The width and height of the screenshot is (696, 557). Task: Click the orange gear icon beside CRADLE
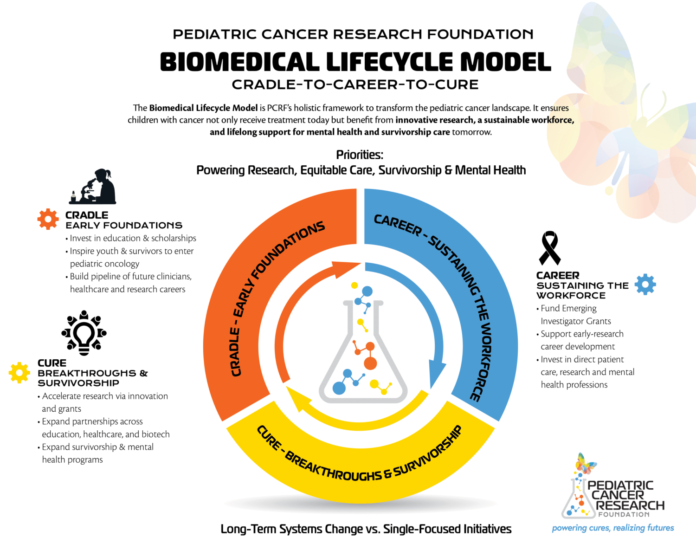(48, 219)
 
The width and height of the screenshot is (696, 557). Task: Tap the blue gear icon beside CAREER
(645, 284)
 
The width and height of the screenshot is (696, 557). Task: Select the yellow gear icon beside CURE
(19, 372)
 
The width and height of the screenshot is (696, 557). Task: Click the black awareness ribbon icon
(549, 248)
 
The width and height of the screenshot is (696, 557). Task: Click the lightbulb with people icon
(84, 333)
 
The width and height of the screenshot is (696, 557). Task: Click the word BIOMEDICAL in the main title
(240, 62)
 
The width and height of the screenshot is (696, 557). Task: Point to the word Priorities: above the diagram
(360, 155)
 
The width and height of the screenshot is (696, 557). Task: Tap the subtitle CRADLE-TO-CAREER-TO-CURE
(355, 84)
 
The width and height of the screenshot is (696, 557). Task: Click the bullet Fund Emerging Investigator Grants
(575, 315)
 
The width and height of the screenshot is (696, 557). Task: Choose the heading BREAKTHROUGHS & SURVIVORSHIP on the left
(92, 378)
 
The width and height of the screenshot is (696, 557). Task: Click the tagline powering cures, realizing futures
(612, 528)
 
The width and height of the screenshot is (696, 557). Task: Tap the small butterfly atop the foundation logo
(585, 464)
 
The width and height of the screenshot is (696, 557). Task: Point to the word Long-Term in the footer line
(248, 529)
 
